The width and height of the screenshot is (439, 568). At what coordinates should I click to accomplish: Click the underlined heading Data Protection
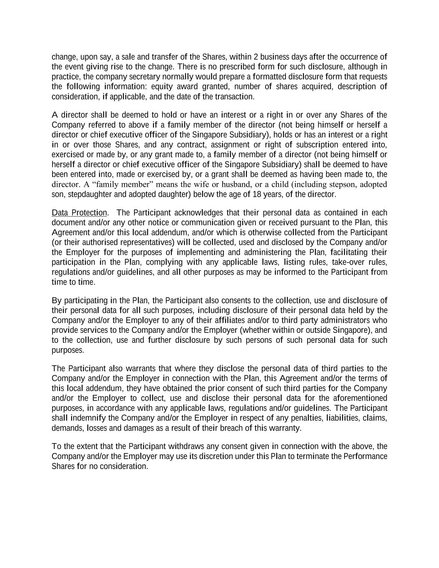click(79, 213)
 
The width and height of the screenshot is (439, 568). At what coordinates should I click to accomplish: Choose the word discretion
click(216, 456)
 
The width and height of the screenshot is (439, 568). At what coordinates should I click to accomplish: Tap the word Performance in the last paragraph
click(365, 456)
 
